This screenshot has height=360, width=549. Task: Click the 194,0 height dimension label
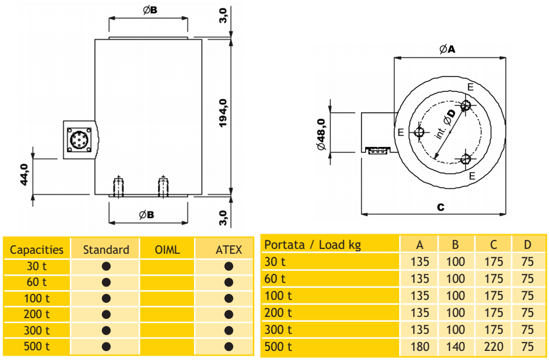[x=223, y=113]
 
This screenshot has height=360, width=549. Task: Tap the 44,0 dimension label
[x=24, y=175]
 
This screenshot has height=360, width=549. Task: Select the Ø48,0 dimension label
[x=321, y=135]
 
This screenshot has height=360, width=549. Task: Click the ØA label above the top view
[x=447, y=49]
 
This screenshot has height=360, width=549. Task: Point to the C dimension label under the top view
[x=440, y=207]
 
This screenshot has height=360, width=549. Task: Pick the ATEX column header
[x=229, y=250]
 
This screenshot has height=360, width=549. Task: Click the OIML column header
[x=167, y=250]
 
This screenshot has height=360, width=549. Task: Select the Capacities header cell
[x=36, y=250]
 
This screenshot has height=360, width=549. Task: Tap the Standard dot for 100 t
[x=106, y=298]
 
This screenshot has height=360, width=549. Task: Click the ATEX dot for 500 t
[x=229, y=347]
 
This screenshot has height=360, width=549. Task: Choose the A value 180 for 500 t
[x=420, y=347]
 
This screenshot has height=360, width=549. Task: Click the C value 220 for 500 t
[x=494, y=347]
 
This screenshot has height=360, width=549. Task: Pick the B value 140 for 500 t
[x=456, y=347]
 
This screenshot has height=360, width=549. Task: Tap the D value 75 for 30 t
[x=528, y=262]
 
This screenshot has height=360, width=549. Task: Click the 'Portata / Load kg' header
[x=312, y=245]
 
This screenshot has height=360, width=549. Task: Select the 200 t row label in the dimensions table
[x=278, y=313]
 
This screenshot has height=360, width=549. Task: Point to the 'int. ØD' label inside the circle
[x=445, y=125]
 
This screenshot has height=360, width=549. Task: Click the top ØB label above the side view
[x=150, y=10]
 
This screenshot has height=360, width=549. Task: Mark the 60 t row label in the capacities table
[x=36, y=282]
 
